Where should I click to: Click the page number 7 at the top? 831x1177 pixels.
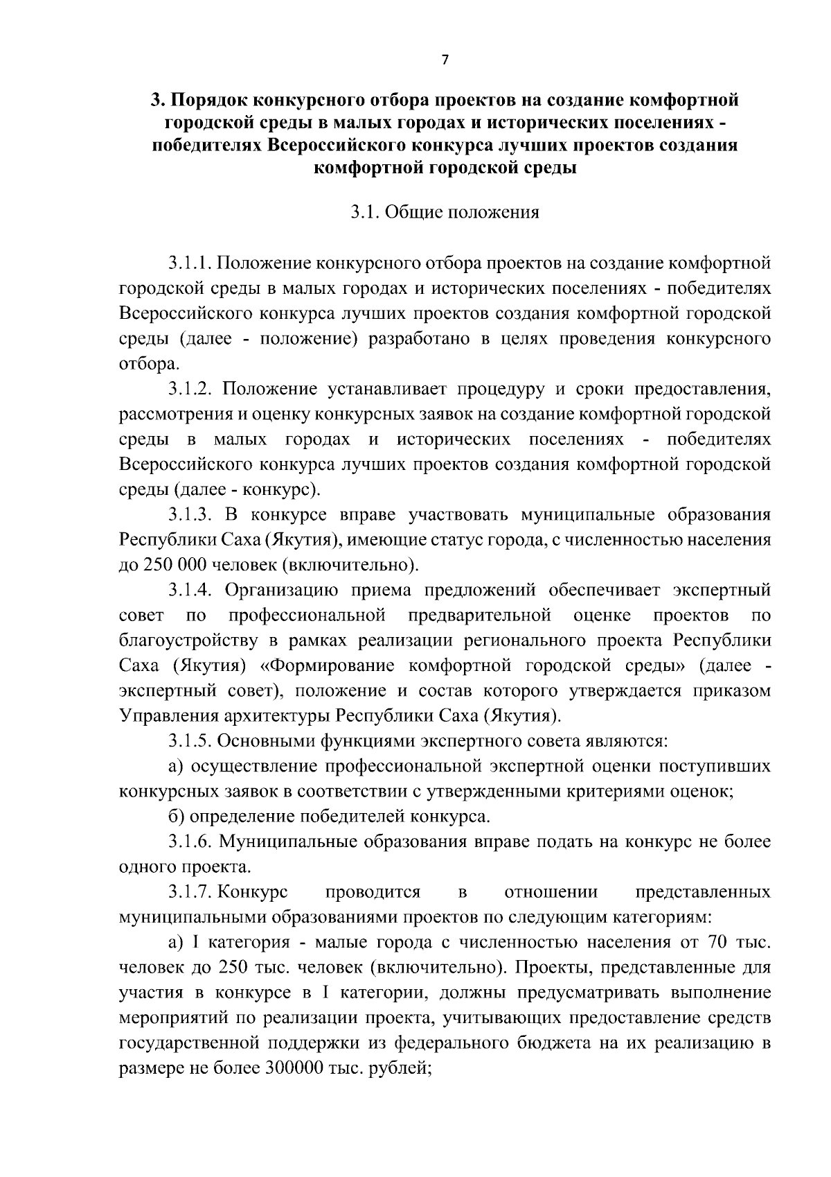[x=445, y=60]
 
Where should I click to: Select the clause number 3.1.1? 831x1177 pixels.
[x=190, y=263]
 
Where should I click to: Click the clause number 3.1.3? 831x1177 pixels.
[x=190, y=515]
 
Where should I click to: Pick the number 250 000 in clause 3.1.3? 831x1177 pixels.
[x=173, y=565]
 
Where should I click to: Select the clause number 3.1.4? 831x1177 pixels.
[x=190, y=590]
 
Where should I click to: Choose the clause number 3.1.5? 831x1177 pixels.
[x=190, y=741]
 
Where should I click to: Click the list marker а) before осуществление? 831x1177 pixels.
[x=176, y=767]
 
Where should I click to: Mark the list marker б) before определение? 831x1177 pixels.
[x=176, y=817]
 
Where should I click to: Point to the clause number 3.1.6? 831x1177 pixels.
[x=190, y=842]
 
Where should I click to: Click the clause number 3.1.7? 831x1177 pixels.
[x=190, y=891]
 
